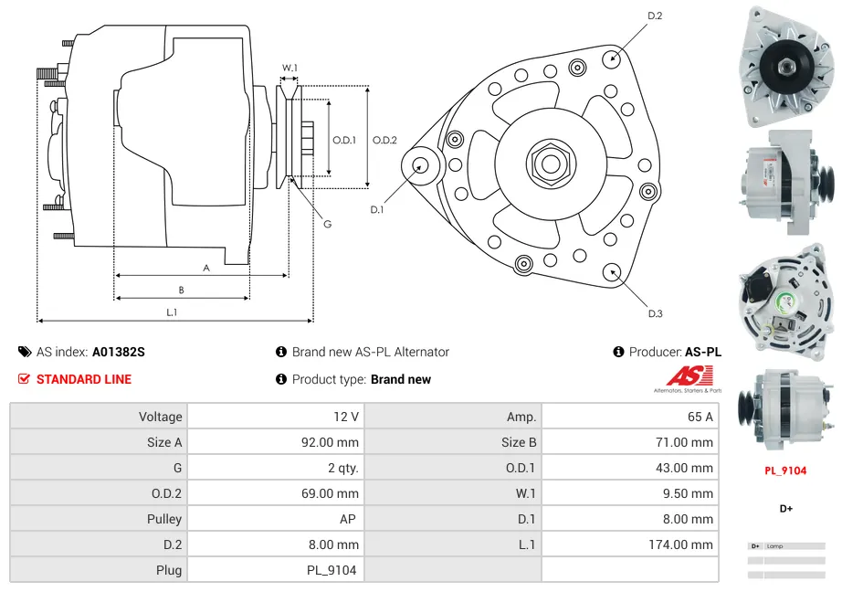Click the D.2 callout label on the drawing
(655, 16)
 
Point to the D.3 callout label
(655, 313)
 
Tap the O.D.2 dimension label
(384, 140)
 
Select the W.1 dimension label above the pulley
(289, 68)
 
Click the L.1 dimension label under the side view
(172, 312)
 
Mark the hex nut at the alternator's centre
(550, 164)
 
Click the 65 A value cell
(700, 417)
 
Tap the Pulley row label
(164, 519)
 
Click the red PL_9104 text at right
(785, 470)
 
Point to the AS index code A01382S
(118, 352)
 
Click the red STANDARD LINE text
(84, 379)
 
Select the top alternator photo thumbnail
(784, 66)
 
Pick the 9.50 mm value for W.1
(690, 493)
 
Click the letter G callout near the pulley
(326, 224)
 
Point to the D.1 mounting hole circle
(421, 165)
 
